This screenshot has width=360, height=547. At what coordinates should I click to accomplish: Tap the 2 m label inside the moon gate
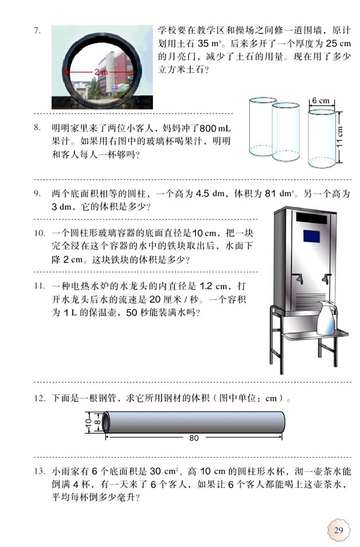click(100, 72)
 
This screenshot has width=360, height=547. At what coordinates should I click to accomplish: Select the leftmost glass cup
click(264, 130)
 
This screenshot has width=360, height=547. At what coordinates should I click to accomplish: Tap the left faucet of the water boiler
click(298, 279)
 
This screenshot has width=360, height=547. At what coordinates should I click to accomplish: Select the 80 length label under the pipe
click(193, 438)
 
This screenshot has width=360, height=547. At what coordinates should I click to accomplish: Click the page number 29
click(339, 529)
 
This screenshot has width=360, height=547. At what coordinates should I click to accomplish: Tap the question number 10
click(39, 233)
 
